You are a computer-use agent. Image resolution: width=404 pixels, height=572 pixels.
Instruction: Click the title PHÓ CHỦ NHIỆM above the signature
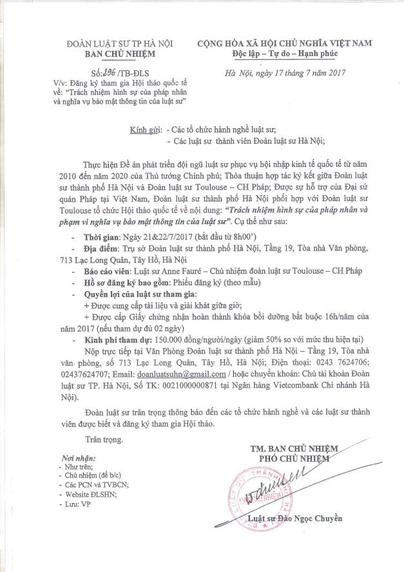coord(294,458)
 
